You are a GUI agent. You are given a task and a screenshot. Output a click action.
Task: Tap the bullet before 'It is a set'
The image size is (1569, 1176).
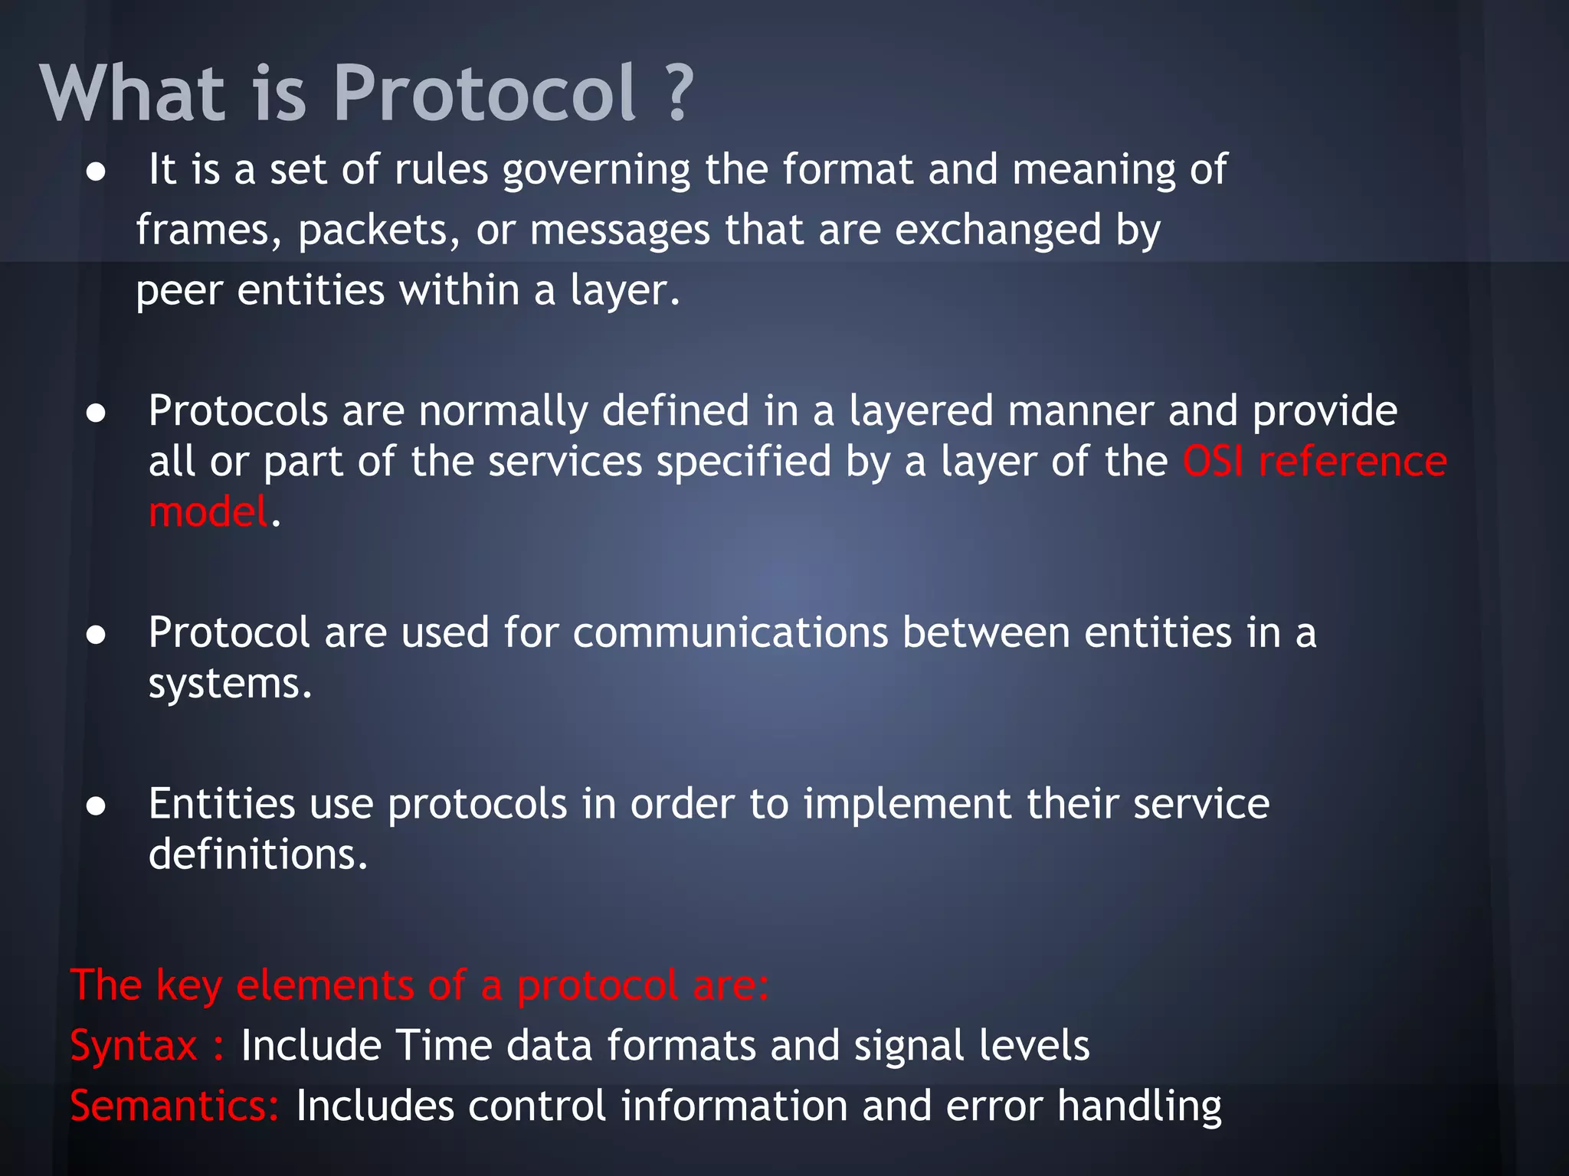point(96,172)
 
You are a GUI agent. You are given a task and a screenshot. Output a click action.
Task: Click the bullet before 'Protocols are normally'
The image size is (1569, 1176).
point(96,414)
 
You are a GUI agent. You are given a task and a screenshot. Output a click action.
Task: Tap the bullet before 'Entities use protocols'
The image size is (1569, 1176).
point(96,806)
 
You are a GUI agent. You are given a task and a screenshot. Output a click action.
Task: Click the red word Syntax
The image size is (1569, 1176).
point(134,1047)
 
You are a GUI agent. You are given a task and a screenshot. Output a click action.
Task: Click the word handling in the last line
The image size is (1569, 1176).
point(1139,1108)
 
